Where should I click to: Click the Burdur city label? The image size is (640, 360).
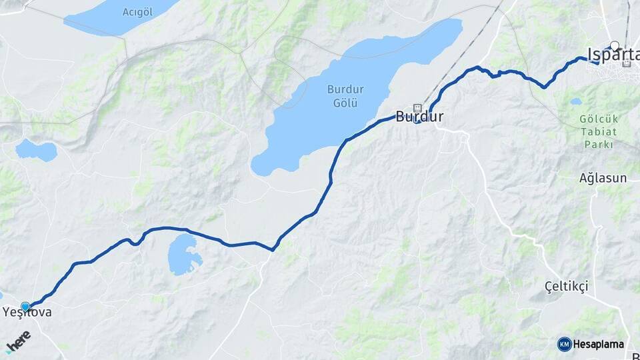pyautogui.click(x=419, y=117)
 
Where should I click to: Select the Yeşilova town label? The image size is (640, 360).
pyautogui.click(x=27, y=312)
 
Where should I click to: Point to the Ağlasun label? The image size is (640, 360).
pyautogui.click(x=603, y=178)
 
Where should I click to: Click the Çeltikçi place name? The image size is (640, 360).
pyautogui.click(x=566, y=286)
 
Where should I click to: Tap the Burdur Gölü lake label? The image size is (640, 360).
pyautogui.click(x=342, y=95)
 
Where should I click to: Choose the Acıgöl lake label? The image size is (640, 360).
pyautogui.click(x=139, y=11)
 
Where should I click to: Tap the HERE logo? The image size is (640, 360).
pyautogui.click(x=18, y=343)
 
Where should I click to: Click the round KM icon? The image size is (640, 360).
pyautogui.click(x=564, y=344)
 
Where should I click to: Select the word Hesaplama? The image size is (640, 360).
pyautogui.click(x=599, y=344)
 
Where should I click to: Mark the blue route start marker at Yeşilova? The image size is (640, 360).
pyautogui.click(x=25, y=307)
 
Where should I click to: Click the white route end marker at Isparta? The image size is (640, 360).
pyautogui.click(x=615, y=46)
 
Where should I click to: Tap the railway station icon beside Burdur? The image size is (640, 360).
pyautogui.click(x=418, y=107)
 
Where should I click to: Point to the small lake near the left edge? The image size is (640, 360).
pyautogui.click(x=36, y=150)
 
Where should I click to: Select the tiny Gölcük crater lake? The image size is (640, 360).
pyautogui.click(x=575, y=102)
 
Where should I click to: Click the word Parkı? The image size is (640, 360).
pyautogui.click(x=598, y=144)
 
